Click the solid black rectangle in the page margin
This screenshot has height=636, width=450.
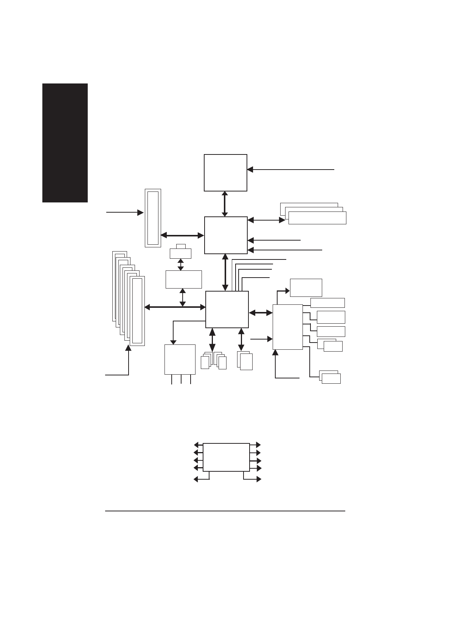[65, 143]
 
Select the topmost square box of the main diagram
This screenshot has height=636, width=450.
[225, 173]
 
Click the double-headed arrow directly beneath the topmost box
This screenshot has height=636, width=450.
[225, 204]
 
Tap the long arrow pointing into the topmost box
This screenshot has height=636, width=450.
[290, 170]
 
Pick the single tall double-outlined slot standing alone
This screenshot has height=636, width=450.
[153, 218]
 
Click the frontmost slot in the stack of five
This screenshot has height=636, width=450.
[137, 310]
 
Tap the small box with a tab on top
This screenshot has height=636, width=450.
[180, 252]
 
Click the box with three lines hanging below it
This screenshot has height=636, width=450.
[180, 359]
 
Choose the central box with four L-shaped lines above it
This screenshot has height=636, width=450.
[227, 309]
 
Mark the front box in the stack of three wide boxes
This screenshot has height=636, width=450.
[317, 218]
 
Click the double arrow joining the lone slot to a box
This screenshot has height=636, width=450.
[182, 235]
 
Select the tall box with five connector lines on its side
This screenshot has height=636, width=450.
[287, 327]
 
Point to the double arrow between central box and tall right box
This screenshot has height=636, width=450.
[261, 313]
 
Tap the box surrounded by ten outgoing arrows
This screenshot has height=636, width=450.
[226, 457]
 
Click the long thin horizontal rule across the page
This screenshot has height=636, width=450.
[225, 511]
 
